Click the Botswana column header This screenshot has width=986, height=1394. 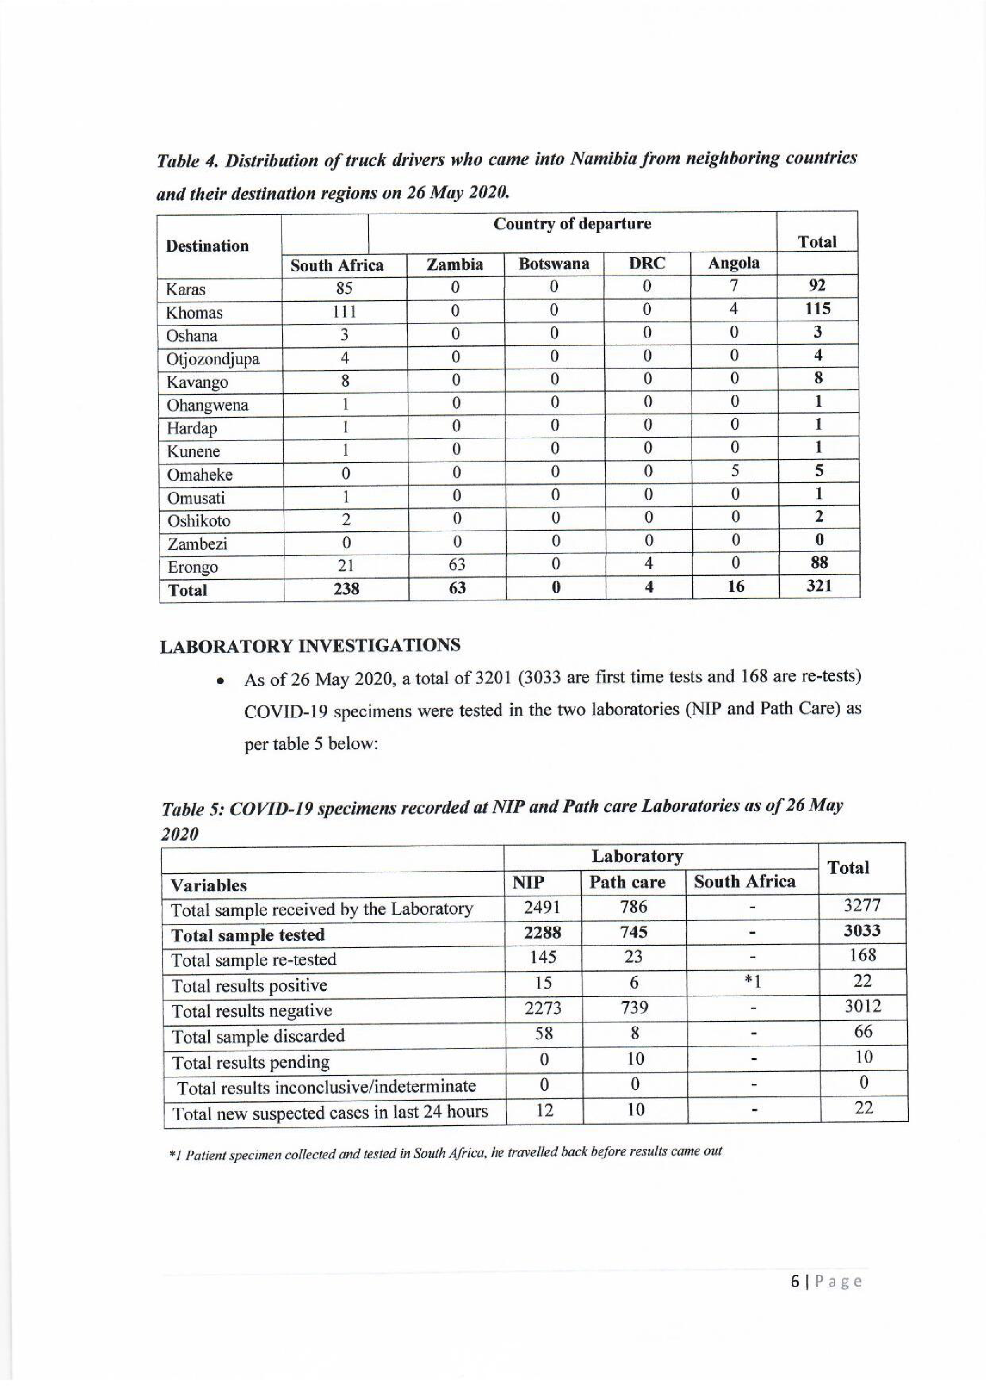(553, 264)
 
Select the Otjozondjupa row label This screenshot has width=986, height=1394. (212, 359)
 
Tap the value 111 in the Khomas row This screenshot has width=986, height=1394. (343, 312)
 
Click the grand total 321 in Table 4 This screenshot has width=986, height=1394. (819, 586)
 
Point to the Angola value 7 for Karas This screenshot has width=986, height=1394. (734, 285)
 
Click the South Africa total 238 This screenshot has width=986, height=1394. (346, 589)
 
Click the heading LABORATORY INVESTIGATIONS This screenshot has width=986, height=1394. (310, 645)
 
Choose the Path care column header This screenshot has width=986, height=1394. (627, 882)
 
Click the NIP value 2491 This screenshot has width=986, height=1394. (541, 907)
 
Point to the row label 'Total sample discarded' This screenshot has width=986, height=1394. (258, 1036)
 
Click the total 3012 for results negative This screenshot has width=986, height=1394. (862, 1007)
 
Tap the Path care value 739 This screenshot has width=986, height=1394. (634, 1007)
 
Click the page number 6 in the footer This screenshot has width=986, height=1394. (795, 1281)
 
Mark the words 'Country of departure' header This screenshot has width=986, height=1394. (572, 224)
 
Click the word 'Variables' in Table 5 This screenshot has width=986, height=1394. (208, 885)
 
